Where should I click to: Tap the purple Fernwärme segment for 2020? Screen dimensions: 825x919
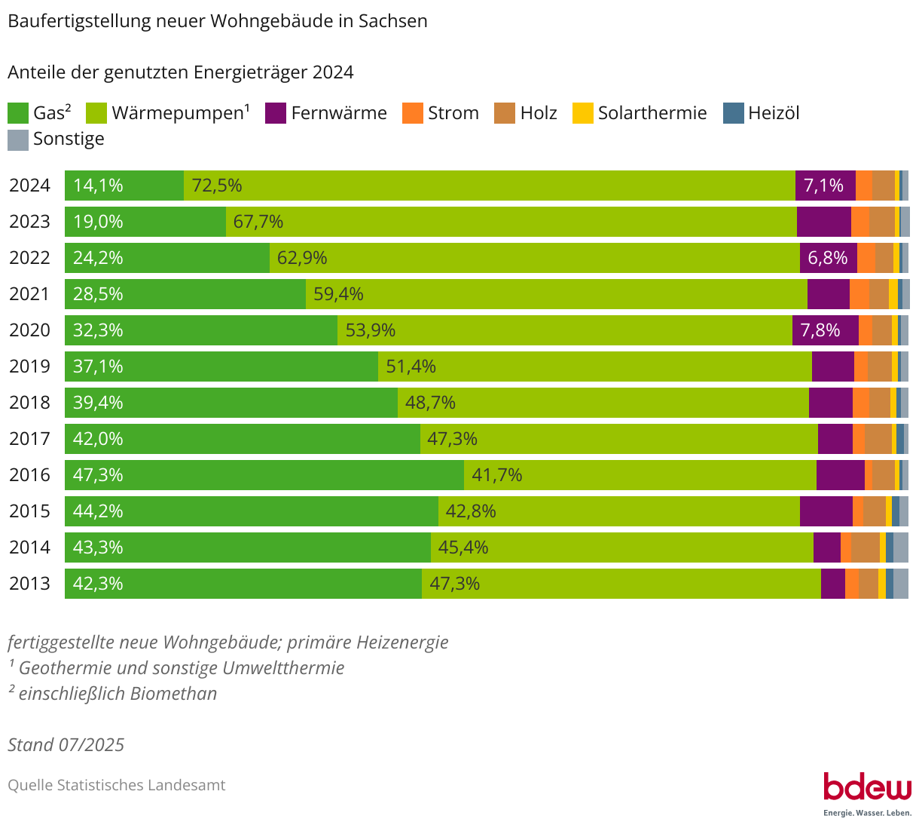coord(825,330)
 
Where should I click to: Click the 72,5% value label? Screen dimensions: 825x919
coord(217,186)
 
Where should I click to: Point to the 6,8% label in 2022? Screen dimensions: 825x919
coord(828,258)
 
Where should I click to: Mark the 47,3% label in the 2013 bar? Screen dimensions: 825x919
coord(454,584)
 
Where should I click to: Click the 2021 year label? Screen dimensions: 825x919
coord(29,294)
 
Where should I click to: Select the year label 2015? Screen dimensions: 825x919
coord(29,511)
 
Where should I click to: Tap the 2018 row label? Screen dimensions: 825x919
coord(29,403)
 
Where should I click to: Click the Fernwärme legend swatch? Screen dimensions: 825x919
coord(276,113)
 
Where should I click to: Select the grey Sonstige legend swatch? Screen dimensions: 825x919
coord(18,140)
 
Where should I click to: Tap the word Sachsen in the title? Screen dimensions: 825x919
coord(392,21)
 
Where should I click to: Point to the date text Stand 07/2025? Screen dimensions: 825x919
coord(66,745)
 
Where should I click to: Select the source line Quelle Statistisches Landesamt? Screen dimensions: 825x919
coord(117,785)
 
